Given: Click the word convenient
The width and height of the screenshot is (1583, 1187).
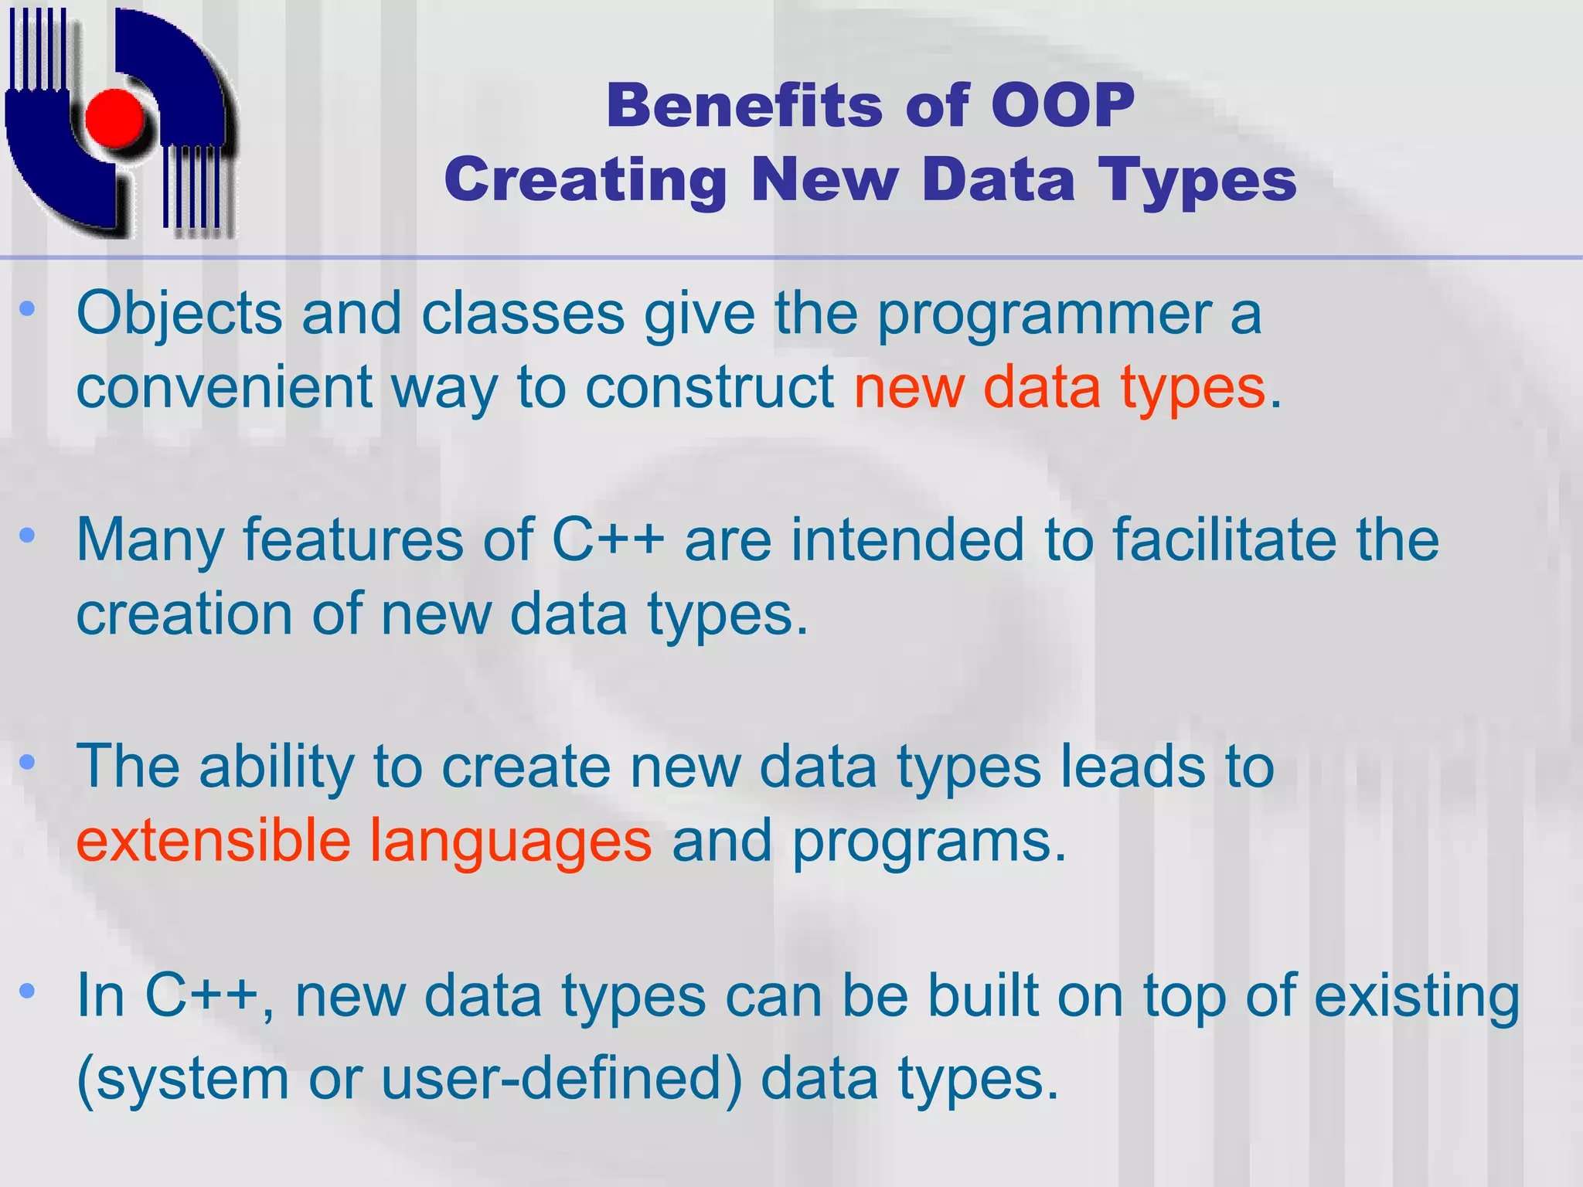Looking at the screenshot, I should click(x=224, y=387).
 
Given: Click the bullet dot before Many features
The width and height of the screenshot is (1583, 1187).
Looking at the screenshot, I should click(x=28, y=536).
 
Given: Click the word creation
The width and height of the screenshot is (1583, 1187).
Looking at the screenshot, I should click(x=184, y=614).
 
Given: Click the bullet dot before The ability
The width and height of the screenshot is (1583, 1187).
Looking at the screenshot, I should click(x=28, y=763).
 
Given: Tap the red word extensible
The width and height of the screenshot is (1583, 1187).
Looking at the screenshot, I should click(x=213, y=841).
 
